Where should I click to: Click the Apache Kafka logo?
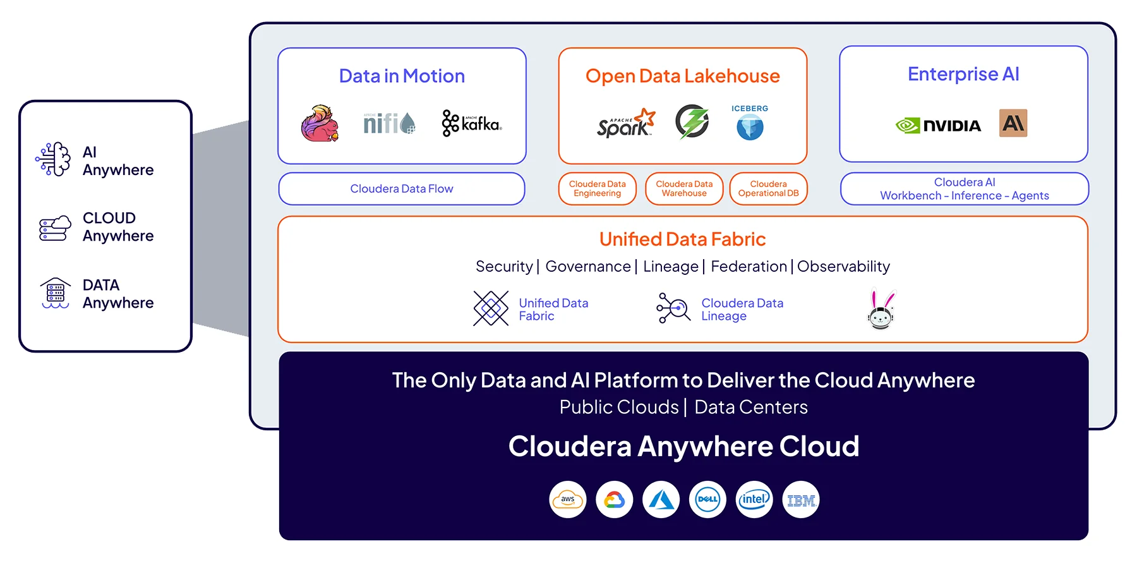coord(472,123)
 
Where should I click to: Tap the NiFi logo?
coord(389,123)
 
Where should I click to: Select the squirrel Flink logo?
coord(320,123)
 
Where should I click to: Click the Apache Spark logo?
coord(625,123)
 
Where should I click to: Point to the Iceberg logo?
coord(750,123)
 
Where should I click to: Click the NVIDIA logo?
coord(938,125)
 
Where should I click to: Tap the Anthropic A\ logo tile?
coord(1013,123)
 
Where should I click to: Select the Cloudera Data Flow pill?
coord(402,189)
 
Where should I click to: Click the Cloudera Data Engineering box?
coord(597,189)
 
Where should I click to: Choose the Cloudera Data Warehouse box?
coord(684,189)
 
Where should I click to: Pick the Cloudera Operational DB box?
coord(768,189)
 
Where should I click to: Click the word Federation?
coord(749,267)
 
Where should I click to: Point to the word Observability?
coord(843,267)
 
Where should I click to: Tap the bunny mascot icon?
coord(881,310)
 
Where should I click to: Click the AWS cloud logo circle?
coord(568,500)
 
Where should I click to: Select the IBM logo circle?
coord(801,500)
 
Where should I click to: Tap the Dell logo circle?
coord(707,500)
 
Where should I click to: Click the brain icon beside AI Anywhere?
coord(54,159)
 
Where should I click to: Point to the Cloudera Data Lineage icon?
coord(673,308)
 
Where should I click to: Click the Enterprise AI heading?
coord(963,75)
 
